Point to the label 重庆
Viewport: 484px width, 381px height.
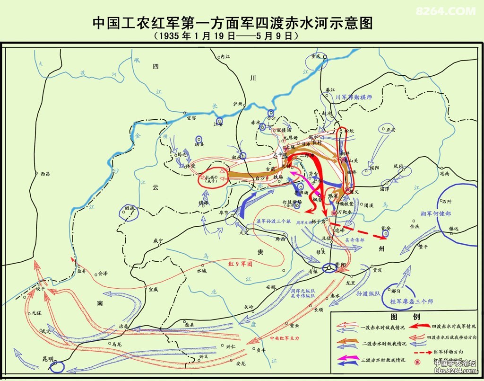tap(316, 56)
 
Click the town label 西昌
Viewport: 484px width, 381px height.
tap(45, 174)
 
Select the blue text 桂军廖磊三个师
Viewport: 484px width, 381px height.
tap(411, 301)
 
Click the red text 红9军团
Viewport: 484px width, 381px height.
tap(240, 264)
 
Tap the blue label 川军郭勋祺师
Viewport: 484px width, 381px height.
tap(354, 97)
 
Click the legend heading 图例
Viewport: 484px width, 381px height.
tap(405, 317)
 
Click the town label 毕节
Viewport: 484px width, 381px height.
tap(224, 213)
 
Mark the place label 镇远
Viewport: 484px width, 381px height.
tap(454, 229)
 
